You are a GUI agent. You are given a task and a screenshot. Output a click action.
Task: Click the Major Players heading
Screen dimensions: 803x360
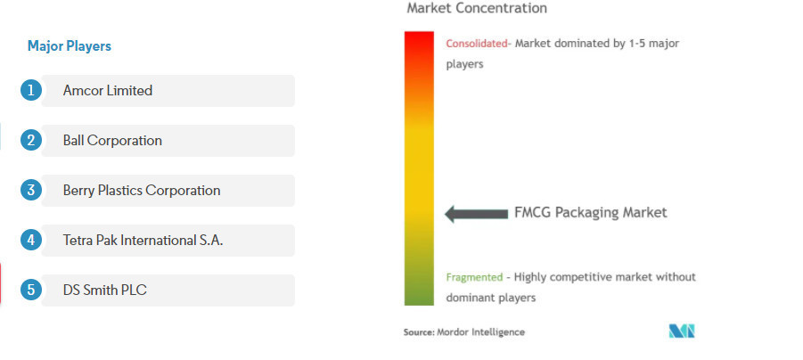(x=70, y=46)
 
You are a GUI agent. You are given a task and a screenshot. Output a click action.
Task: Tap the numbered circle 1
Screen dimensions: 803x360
(x=30, y=91)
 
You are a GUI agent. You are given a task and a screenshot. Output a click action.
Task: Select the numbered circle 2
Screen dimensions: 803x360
(x=30, y=140)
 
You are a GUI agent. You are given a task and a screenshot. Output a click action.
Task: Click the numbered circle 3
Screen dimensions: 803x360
(x=30, y=191)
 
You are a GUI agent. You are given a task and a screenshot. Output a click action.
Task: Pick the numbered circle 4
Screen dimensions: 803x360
(x=30, y=241)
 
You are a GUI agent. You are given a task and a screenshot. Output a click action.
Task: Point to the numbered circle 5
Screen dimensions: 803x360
(x=30, y=290)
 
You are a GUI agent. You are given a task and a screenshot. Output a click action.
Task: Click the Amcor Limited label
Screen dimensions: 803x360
(x=108, y=91)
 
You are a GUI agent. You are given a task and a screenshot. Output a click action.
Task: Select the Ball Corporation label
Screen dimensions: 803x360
(x=112, y=140)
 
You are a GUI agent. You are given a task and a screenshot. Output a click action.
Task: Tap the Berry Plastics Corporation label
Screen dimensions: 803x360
(x=142, y=191)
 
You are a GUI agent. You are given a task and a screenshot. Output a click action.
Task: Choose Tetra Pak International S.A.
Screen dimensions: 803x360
(x=143, y=241)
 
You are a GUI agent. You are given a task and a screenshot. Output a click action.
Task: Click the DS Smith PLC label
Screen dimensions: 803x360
(x=104, y=290)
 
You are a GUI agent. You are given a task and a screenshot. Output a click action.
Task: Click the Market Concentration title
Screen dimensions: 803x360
(x=477, y=8)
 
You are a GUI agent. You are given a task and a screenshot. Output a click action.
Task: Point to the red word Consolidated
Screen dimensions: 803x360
(x=476, y=44)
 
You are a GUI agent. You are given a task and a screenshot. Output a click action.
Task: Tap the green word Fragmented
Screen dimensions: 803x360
(x=474, y=277)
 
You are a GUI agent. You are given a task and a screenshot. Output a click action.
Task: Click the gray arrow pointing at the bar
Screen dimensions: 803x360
(x=476, y=214)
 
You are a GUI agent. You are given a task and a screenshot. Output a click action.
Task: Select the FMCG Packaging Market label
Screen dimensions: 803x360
(x=591, y=212)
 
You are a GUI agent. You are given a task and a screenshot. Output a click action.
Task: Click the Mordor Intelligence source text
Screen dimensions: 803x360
(x=464, y=331)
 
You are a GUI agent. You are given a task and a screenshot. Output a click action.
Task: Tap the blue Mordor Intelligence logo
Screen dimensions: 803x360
(x=682, y=331)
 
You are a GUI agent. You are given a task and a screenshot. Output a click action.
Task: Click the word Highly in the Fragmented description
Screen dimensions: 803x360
(x=529, y=277)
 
